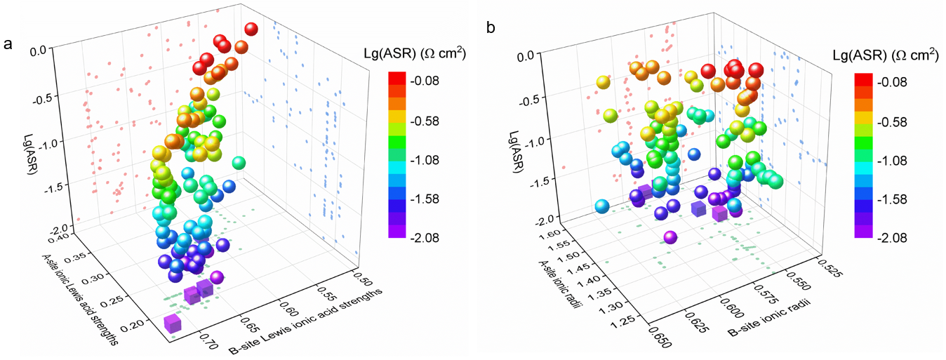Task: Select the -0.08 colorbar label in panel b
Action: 892,82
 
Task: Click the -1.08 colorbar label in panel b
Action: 892,160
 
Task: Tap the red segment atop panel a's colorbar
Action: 397,79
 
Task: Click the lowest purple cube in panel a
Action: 173,324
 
